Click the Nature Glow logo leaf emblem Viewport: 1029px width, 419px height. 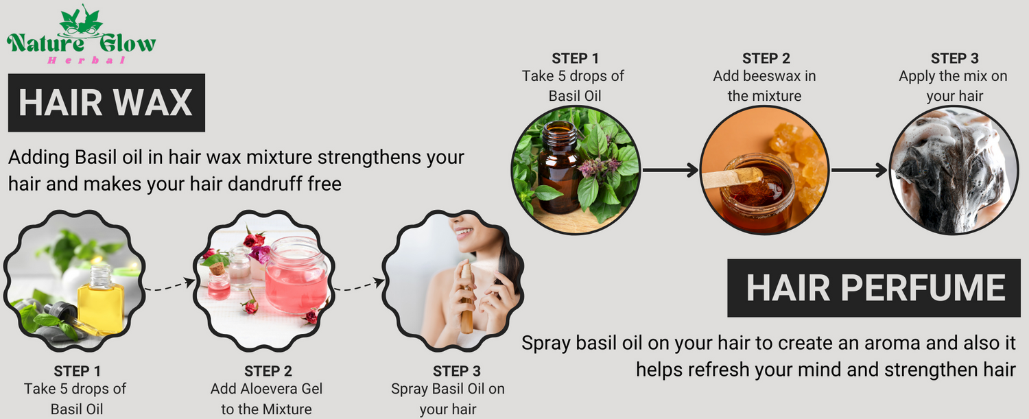coord(82,21)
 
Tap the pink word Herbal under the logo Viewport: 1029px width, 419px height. coord(86,60)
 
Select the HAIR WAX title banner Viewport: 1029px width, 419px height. coord(106,103)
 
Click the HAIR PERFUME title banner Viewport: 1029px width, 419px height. coord(874,288)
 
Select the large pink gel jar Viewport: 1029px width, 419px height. coord(296,275)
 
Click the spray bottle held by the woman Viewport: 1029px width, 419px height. coord(466,298)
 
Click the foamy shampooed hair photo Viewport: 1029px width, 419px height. coord(954,170)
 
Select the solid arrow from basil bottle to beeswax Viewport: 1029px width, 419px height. coord(670,170)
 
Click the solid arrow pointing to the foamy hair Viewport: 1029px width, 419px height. coord(859,170)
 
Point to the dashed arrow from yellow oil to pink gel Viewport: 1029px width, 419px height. coord(169,285)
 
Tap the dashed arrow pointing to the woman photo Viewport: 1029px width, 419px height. coord(359,285)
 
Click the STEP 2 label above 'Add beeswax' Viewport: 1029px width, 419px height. coord(766,58)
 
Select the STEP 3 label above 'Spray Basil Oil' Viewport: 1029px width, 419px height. coord(457,371)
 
